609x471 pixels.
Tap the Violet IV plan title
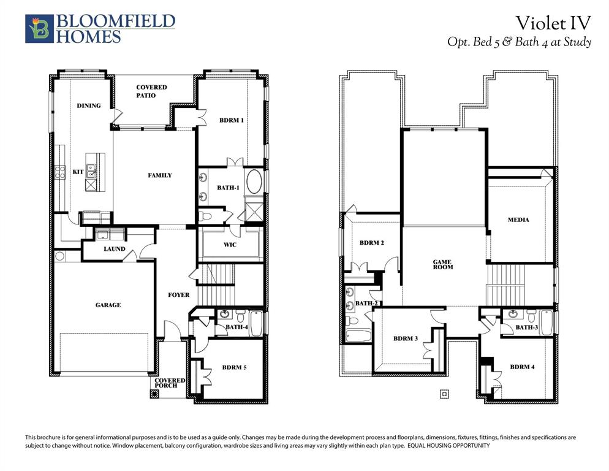click(553, 23)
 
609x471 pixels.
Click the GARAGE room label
click(108, 305)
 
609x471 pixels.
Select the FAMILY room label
click(159, 175)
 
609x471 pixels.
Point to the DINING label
click(89, 105)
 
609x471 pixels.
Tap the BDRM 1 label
click(232, 120)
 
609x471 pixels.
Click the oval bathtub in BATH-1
click(254, 182)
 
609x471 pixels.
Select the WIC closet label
click(230, 245)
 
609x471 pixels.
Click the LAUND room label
click(114, 249)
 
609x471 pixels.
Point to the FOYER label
click(179, 295)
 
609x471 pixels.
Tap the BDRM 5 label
click(234, 367)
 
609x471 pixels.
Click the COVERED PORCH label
click(170, 383)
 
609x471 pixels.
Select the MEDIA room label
click(518, 220)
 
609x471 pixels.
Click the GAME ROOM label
click(443, 264)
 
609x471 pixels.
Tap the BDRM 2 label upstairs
click(372, 243)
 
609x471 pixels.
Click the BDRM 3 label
click(405, 339)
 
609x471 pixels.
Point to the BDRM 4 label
click(522, 367)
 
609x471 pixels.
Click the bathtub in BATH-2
click(358, 336)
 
